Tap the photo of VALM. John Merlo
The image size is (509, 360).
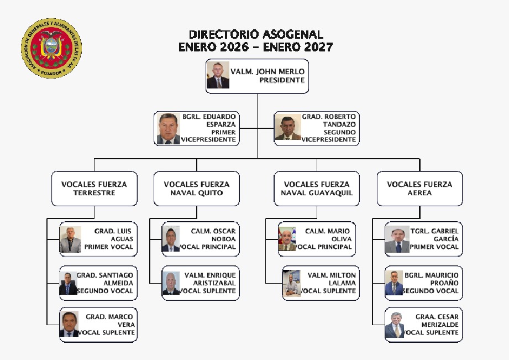point(218,75)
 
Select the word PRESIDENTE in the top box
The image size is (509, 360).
point(282,80)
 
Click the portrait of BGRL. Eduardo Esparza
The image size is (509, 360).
point(169,129)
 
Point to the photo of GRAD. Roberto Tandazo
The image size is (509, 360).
point(288,128)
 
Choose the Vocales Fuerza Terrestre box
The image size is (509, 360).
point(94,189)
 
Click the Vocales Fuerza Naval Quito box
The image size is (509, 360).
point(196,189)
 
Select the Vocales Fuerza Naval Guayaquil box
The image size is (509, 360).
point(317,189)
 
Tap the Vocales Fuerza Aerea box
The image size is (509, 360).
point(419,189)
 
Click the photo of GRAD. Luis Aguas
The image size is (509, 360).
point(71,240)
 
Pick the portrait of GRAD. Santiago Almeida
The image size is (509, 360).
point(69,283)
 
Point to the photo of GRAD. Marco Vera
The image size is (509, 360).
point(70,325)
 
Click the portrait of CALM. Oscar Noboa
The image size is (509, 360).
point(171,239)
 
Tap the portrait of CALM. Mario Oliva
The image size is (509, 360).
point(287,239)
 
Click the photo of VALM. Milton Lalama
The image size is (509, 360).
point(292,284)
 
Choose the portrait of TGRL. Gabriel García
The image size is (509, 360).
point(397,239)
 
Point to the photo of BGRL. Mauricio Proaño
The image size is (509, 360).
point(394,283)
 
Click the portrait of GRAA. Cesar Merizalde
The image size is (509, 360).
point(395,325)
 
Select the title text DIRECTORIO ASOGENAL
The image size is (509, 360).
point(256,35)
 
